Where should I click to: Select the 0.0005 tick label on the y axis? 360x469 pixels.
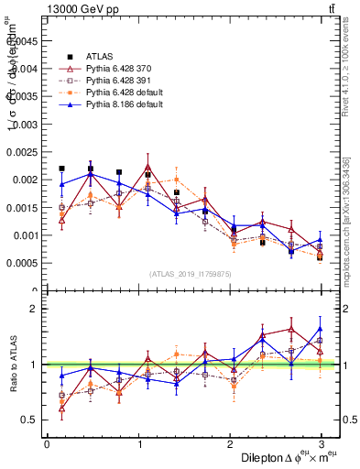tap(23, 264)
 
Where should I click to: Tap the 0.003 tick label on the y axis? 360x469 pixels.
tap(26, 124)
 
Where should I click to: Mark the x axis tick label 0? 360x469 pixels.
tap(47, 444)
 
